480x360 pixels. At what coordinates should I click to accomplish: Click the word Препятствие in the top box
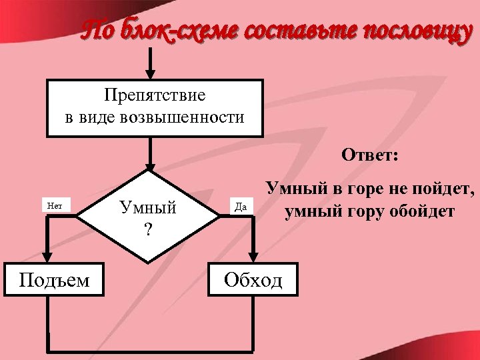155,96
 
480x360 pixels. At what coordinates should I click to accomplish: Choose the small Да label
242,207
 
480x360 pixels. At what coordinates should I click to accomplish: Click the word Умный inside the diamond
148,207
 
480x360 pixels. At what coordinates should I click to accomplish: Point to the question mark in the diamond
148,230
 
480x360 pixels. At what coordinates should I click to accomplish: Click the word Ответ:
370,155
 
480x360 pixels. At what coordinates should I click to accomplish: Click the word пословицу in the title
410,31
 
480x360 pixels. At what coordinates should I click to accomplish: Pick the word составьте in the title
295,31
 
